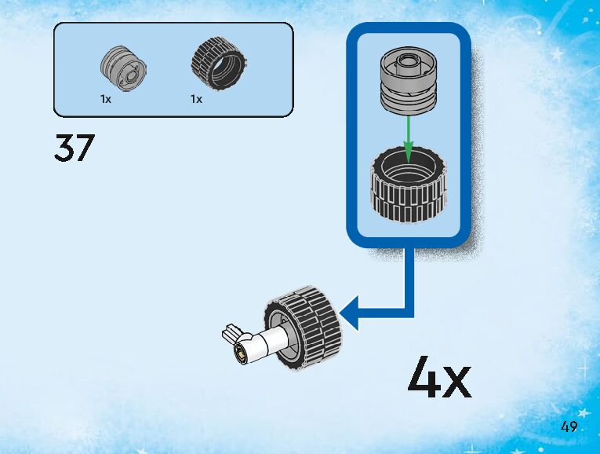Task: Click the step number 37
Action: pyautogui.click(x=75, y=148)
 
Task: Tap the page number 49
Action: pyautogui.click(x=569, y=427)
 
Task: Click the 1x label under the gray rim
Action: pyautogui.click(x=106, y=100)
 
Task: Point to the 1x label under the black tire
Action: pyautogui.click(x=196, y=100)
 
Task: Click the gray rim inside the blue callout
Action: pyautogui.click(x=408, y=79)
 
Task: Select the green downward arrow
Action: pyautogui.click(x=408, y=138)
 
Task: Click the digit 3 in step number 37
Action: pyautogui.click(x=64, y=148)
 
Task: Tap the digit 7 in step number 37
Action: pyautogui.click(x=85, y=148)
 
